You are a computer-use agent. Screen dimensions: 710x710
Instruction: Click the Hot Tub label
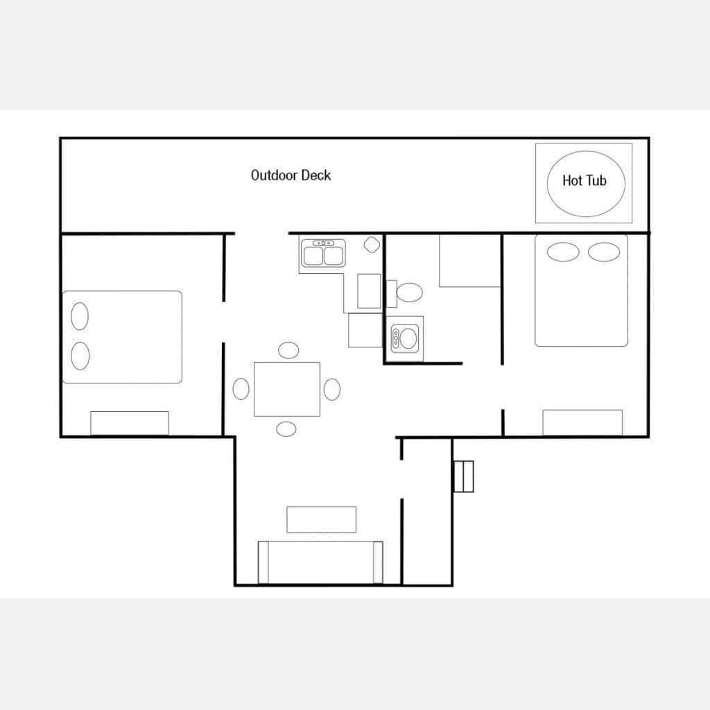click(x=584, y=181)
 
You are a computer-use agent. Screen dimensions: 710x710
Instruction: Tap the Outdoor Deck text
click(x=291, y=175)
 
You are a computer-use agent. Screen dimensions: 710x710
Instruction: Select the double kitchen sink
click(x=323, y=254)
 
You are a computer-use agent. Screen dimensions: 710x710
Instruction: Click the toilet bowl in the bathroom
click(x=409, y=293)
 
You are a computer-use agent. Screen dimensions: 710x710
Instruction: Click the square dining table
click(x=287, y=389)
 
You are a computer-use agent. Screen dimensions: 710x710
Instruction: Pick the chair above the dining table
click(x=288, y=350)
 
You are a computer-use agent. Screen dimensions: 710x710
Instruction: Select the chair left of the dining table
click(x=241, y=389)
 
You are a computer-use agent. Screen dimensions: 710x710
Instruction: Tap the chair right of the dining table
click(x=332, y=390)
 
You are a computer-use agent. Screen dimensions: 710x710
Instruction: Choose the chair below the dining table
click(x=286, y=428)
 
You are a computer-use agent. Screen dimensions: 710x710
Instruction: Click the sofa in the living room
click(x=320, y=562)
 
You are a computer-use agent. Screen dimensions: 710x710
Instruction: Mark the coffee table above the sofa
click(x=322, y=519)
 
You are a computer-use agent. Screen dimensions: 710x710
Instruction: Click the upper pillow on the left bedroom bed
click(x=80, y=316)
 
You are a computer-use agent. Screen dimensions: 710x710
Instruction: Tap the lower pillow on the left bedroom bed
click(x=80, y=356)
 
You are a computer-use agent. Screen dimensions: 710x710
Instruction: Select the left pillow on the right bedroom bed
click(x=563, y=252)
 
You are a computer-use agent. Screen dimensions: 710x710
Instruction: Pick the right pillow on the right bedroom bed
click(x=604, y=252)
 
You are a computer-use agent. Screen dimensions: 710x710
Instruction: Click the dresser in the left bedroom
click(x=130, y=424)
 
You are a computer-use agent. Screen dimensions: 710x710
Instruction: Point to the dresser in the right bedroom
click(x=582, y=423)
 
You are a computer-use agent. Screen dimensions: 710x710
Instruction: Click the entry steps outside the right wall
click(x=464, y=476)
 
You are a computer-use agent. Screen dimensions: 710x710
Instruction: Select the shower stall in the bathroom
click(x=470, y=261)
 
